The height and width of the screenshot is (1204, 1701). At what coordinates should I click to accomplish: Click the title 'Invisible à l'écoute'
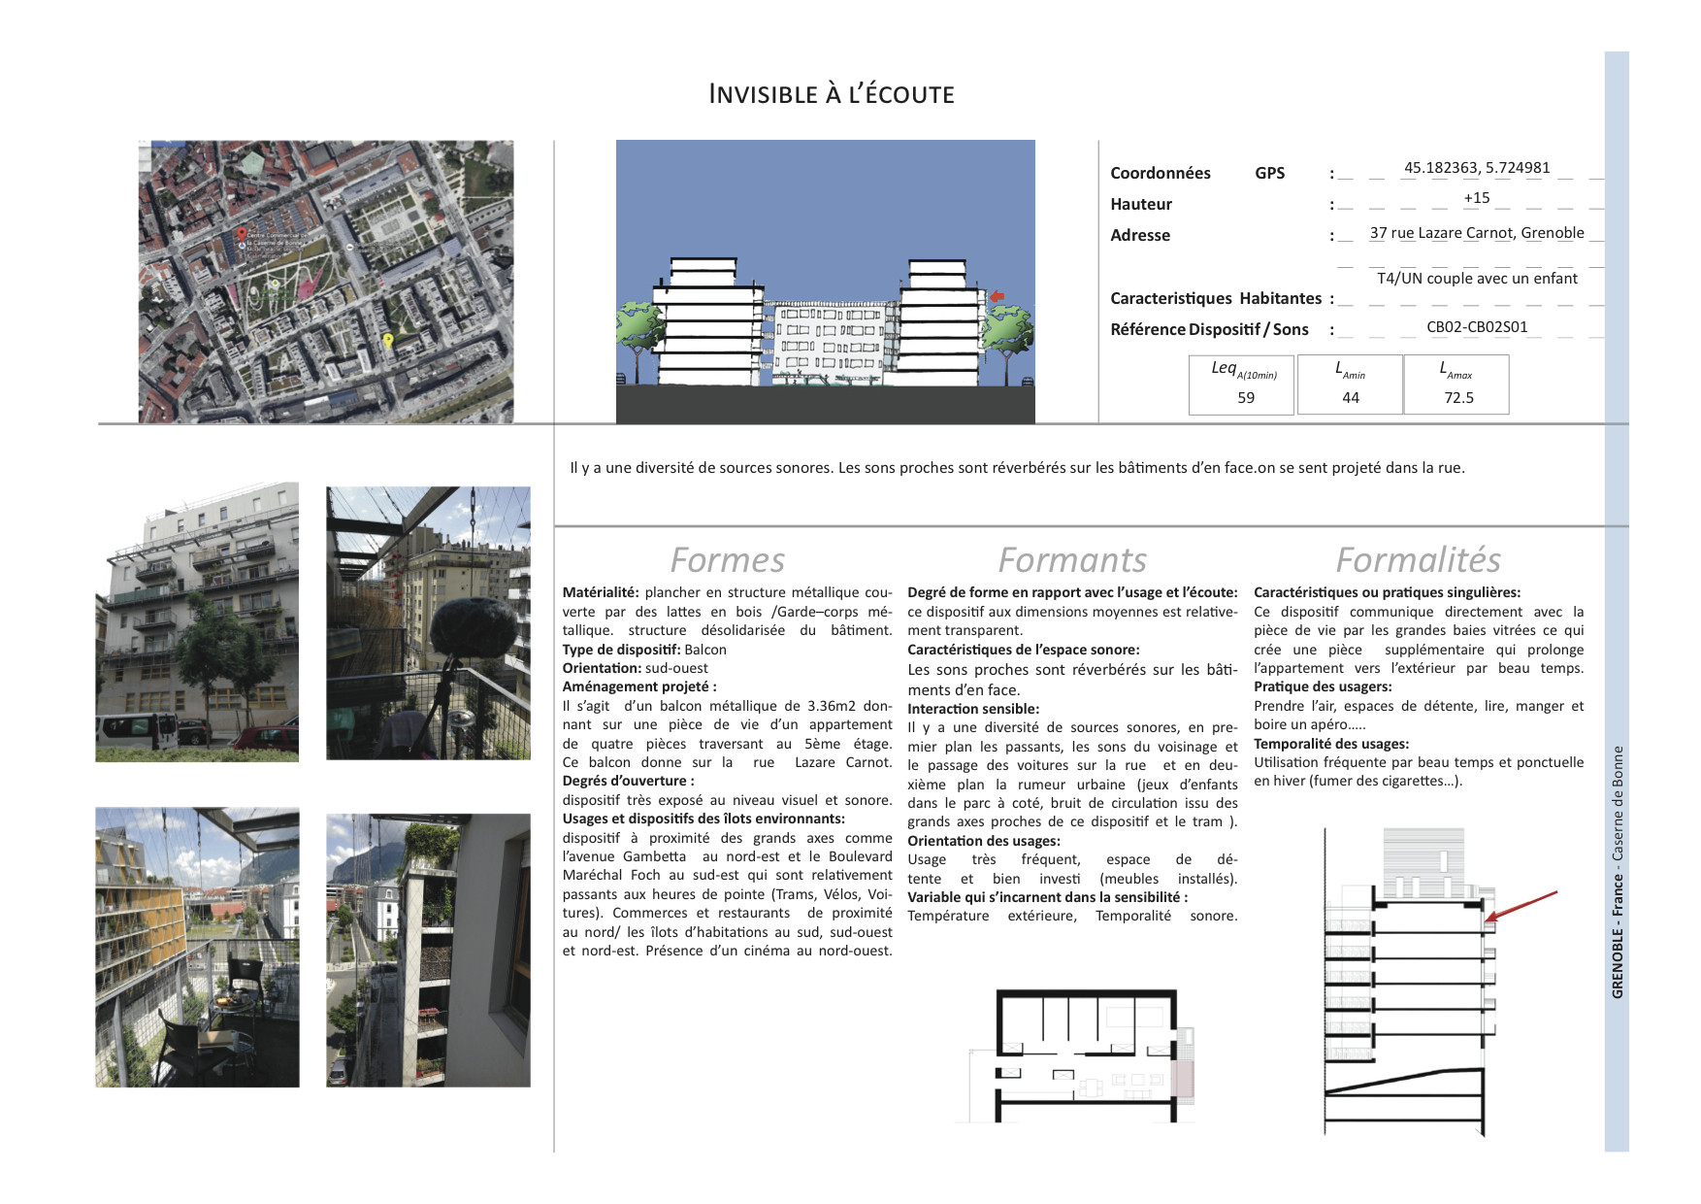[832, 94]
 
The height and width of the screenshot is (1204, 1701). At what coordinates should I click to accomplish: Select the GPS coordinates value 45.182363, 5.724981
[1477, 168]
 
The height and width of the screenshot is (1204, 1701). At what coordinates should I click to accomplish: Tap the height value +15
[1476, 198]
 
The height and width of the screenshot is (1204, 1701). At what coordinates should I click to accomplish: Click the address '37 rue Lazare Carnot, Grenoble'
[1476, 233]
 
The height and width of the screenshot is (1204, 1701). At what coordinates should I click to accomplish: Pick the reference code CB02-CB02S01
[1476, 327]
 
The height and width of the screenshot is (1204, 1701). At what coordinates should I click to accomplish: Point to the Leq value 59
[1246, 397]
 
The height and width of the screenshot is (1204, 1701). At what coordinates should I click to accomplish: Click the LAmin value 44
[1351, 397]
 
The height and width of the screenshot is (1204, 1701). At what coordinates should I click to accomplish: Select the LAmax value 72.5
[1458, 397]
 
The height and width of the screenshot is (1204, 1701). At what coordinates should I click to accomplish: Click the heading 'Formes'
[727, 560]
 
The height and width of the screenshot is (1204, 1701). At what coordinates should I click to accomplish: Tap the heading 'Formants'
[1072, 560]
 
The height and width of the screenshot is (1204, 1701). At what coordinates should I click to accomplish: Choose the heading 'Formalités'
[1418, 560]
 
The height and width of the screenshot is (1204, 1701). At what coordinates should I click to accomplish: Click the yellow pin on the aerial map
[388, 341]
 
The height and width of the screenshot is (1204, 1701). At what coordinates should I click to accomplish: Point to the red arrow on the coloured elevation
[997, 297]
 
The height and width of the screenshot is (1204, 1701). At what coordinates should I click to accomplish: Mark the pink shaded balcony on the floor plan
[1183, 1079]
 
